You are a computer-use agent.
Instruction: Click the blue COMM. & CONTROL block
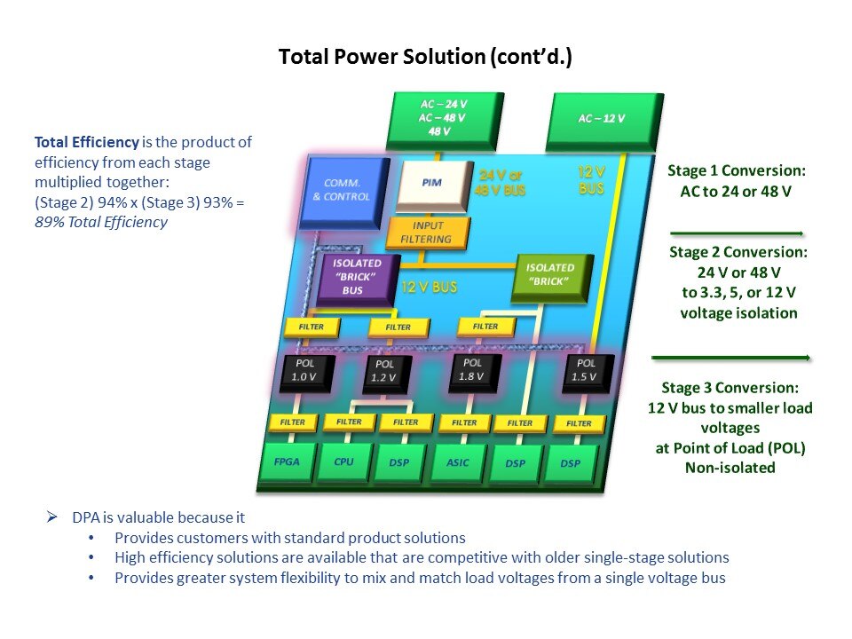tap(347, 190)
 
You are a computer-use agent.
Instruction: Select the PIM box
tap(433, 182)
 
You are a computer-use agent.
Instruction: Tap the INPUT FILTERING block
tap(420, 232)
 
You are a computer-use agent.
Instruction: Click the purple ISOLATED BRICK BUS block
tap(358, 278)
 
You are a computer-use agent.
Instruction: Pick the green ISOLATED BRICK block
tap(550, 274)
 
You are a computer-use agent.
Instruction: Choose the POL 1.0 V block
tap(304, 370)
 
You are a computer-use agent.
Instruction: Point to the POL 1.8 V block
tap(473, 369)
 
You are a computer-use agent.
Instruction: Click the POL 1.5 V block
tap(586, 370)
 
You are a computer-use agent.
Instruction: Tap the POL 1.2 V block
tap(385, 373)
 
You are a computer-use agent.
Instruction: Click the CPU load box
tap(344, 463)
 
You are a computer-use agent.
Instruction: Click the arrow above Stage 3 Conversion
tap(730, 358)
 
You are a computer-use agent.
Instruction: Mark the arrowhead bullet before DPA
tap(52, 517)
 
